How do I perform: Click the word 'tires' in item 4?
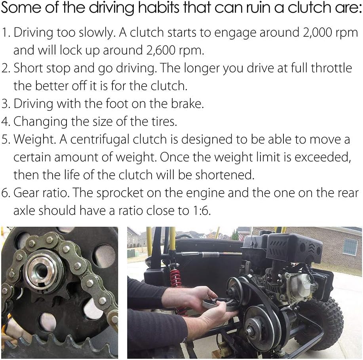[163, 121]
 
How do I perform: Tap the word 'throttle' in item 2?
[331, 68]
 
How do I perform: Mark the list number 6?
[4, 193]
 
